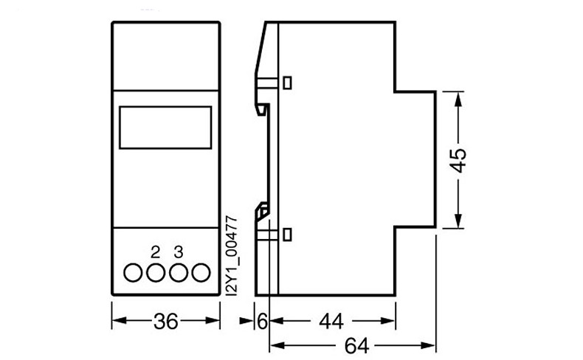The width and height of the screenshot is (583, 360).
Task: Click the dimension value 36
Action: (166, 322)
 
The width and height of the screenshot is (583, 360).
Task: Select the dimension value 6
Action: (262, 322)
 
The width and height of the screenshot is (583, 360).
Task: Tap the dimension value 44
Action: (331, 322)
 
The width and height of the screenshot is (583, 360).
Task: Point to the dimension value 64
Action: (356, 346)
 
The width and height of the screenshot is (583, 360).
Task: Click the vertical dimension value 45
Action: (458, 161)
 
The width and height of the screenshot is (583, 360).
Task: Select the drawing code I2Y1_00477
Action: (232, 255)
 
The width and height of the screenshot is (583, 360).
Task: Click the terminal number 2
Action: (156, 252)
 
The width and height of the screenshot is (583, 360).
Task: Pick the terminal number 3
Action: (179, 252)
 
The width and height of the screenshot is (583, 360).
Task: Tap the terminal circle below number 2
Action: (156, 273)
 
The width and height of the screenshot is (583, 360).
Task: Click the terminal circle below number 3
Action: (179, 273)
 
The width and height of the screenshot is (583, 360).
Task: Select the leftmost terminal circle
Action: (133, 273)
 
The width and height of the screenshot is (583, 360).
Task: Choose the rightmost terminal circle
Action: (201, 273)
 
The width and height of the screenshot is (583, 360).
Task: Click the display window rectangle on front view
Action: (165, 107)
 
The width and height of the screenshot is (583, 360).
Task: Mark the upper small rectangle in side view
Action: (287, 83)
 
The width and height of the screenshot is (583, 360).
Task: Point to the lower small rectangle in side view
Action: (287, 235)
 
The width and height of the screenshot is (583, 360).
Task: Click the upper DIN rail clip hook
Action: (262, 110)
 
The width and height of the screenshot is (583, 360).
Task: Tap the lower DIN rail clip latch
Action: (262, 211)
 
